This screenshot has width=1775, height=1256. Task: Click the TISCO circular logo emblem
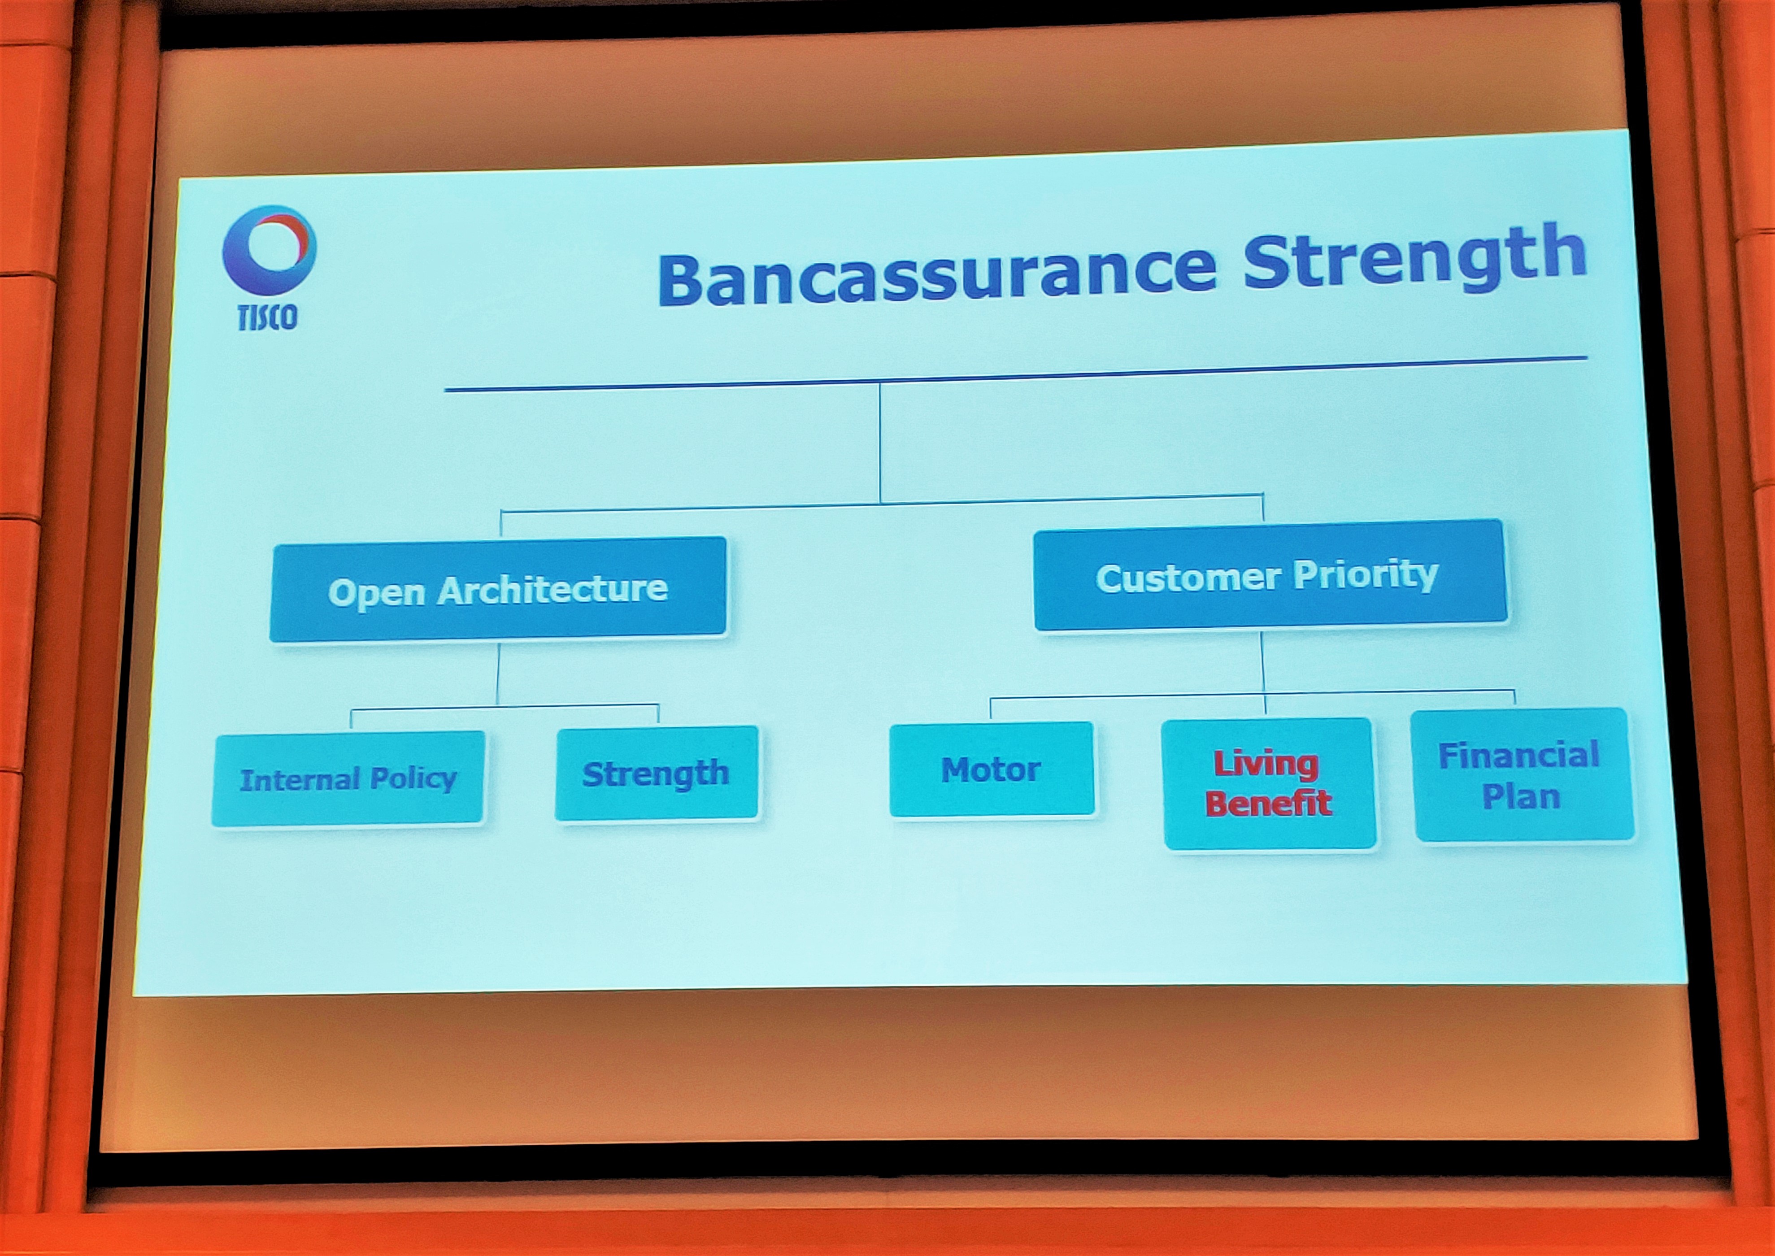pos(269,250)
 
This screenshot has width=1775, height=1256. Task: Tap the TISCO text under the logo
pos(267,316)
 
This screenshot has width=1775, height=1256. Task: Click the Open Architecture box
pos(498,589)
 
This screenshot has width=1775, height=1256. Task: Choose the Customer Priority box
pos(1270,574)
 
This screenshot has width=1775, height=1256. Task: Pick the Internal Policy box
pos(349,779)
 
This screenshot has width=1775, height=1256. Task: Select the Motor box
pos(992,769)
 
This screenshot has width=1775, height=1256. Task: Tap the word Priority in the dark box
pos(1366,574)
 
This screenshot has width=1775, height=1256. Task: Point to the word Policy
pos(414,779)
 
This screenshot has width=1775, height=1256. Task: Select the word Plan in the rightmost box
pos(1521,796)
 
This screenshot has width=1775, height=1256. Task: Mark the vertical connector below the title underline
pos(880,443)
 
